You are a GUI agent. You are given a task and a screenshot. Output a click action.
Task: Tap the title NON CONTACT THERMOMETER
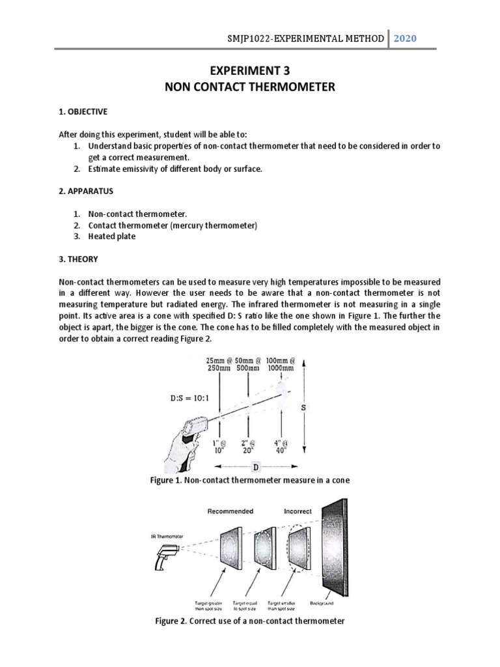(250, 87)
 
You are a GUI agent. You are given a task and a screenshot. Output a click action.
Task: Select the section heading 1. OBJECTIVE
(83, 111)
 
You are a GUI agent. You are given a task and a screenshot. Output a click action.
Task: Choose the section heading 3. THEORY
(78, 259)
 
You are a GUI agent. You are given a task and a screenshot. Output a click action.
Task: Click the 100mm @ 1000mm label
(281, 363)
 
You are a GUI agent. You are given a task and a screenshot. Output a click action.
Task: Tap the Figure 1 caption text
(250, 481)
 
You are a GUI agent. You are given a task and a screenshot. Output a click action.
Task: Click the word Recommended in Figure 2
(230, 511)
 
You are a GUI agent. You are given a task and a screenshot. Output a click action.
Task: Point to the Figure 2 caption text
(250, 621)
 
